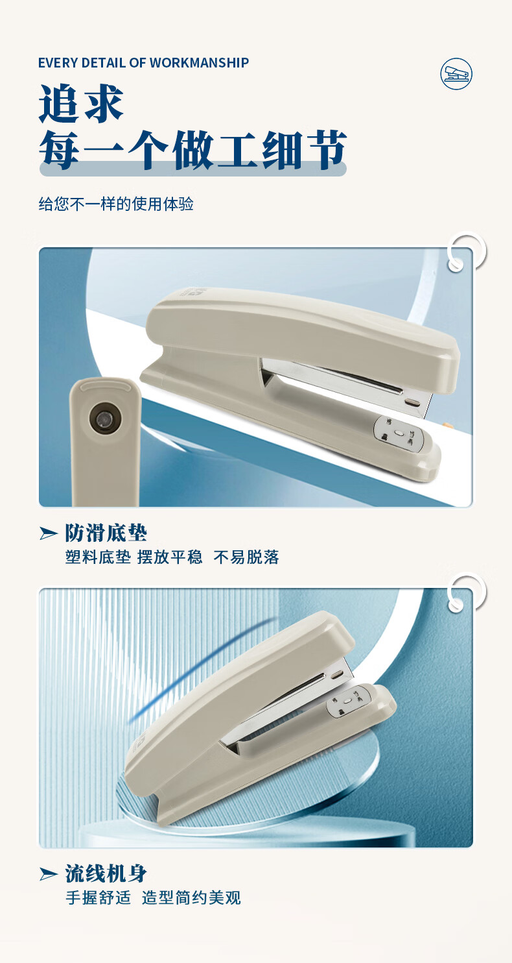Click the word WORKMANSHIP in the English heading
coord(200,63)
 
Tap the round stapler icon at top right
coord(456,74)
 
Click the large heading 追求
coord(81,103)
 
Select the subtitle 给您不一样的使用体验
coord(116,204)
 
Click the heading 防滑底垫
coord(106,533)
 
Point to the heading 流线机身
coord(106,873)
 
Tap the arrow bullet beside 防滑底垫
coord(48,533)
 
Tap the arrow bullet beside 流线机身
coord(48,874)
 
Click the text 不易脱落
coord(246,557)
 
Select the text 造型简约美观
coord(192,897)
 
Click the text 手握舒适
coord(99,897)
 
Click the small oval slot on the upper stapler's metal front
coord(413,403)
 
